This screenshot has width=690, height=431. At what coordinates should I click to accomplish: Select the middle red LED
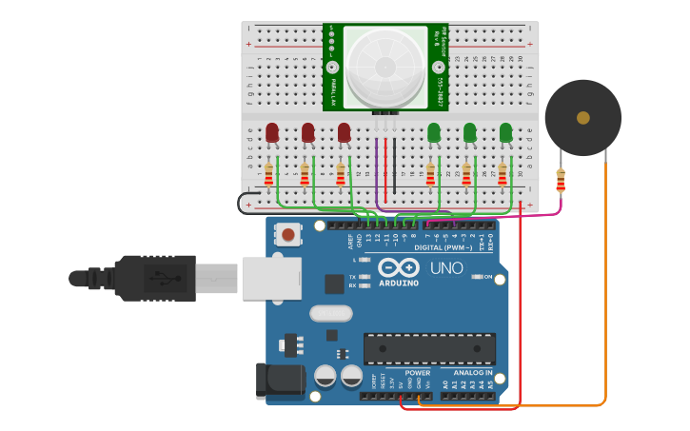point(307,132)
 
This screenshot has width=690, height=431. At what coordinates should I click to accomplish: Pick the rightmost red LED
point(344,132)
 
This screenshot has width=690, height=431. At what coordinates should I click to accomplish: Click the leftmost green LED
point(434,132)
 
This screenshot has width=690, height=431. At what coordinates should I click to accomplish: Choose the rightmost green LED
point(505,132)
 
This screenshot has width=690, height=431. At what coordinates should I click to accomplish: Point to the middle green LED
point(469,132)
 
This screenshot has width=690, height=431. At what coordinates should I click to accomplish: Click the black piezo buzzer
point(582,117)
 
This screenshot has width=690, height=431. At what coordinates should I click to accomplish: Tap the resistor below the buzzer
point(560,179)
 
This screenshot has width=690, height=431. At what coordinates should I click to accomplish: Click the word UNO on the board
point(445,268)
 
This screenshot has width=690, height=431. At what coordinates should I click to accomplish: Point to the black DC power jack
point(279,382)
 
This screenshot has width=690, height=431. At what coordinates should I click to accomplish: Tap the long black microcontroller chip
point(429,348)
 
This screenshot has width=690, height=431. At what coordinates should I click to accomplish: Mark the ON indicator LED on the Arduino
point(477,277)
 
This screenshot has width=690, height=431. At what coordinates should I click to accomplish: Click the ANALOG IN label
point(472,373)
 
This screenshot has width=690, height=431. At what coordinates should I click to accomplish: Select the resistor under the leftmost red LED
point(268,175)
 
